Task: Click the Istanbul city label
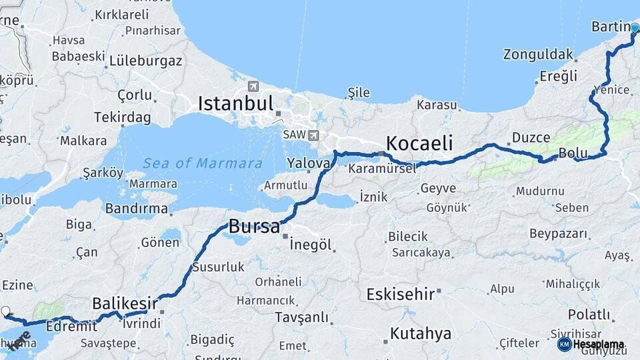point(236,103)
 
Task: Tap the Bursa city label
point(254,227)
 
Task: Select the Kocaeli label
point(419,143)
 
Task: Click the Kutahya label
point(421,333)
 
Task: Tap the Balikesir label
point(125,303)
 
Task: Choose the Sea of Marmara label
point(203,163)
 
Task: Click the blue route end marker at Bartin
point(635,28)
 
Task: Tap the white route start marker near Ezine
point(6,311)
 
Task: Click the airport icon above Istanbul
point(253,87)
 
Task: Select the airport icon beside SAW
point(313,135)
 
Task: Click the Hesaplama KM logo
point(565,344)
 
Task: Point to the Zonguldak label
point(538,54)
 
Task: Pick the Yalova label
point(309,163)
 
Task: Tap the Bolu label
point(573,153)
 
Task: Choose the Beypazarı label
point(559,233)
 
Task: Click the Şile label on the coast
point(358,93)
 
